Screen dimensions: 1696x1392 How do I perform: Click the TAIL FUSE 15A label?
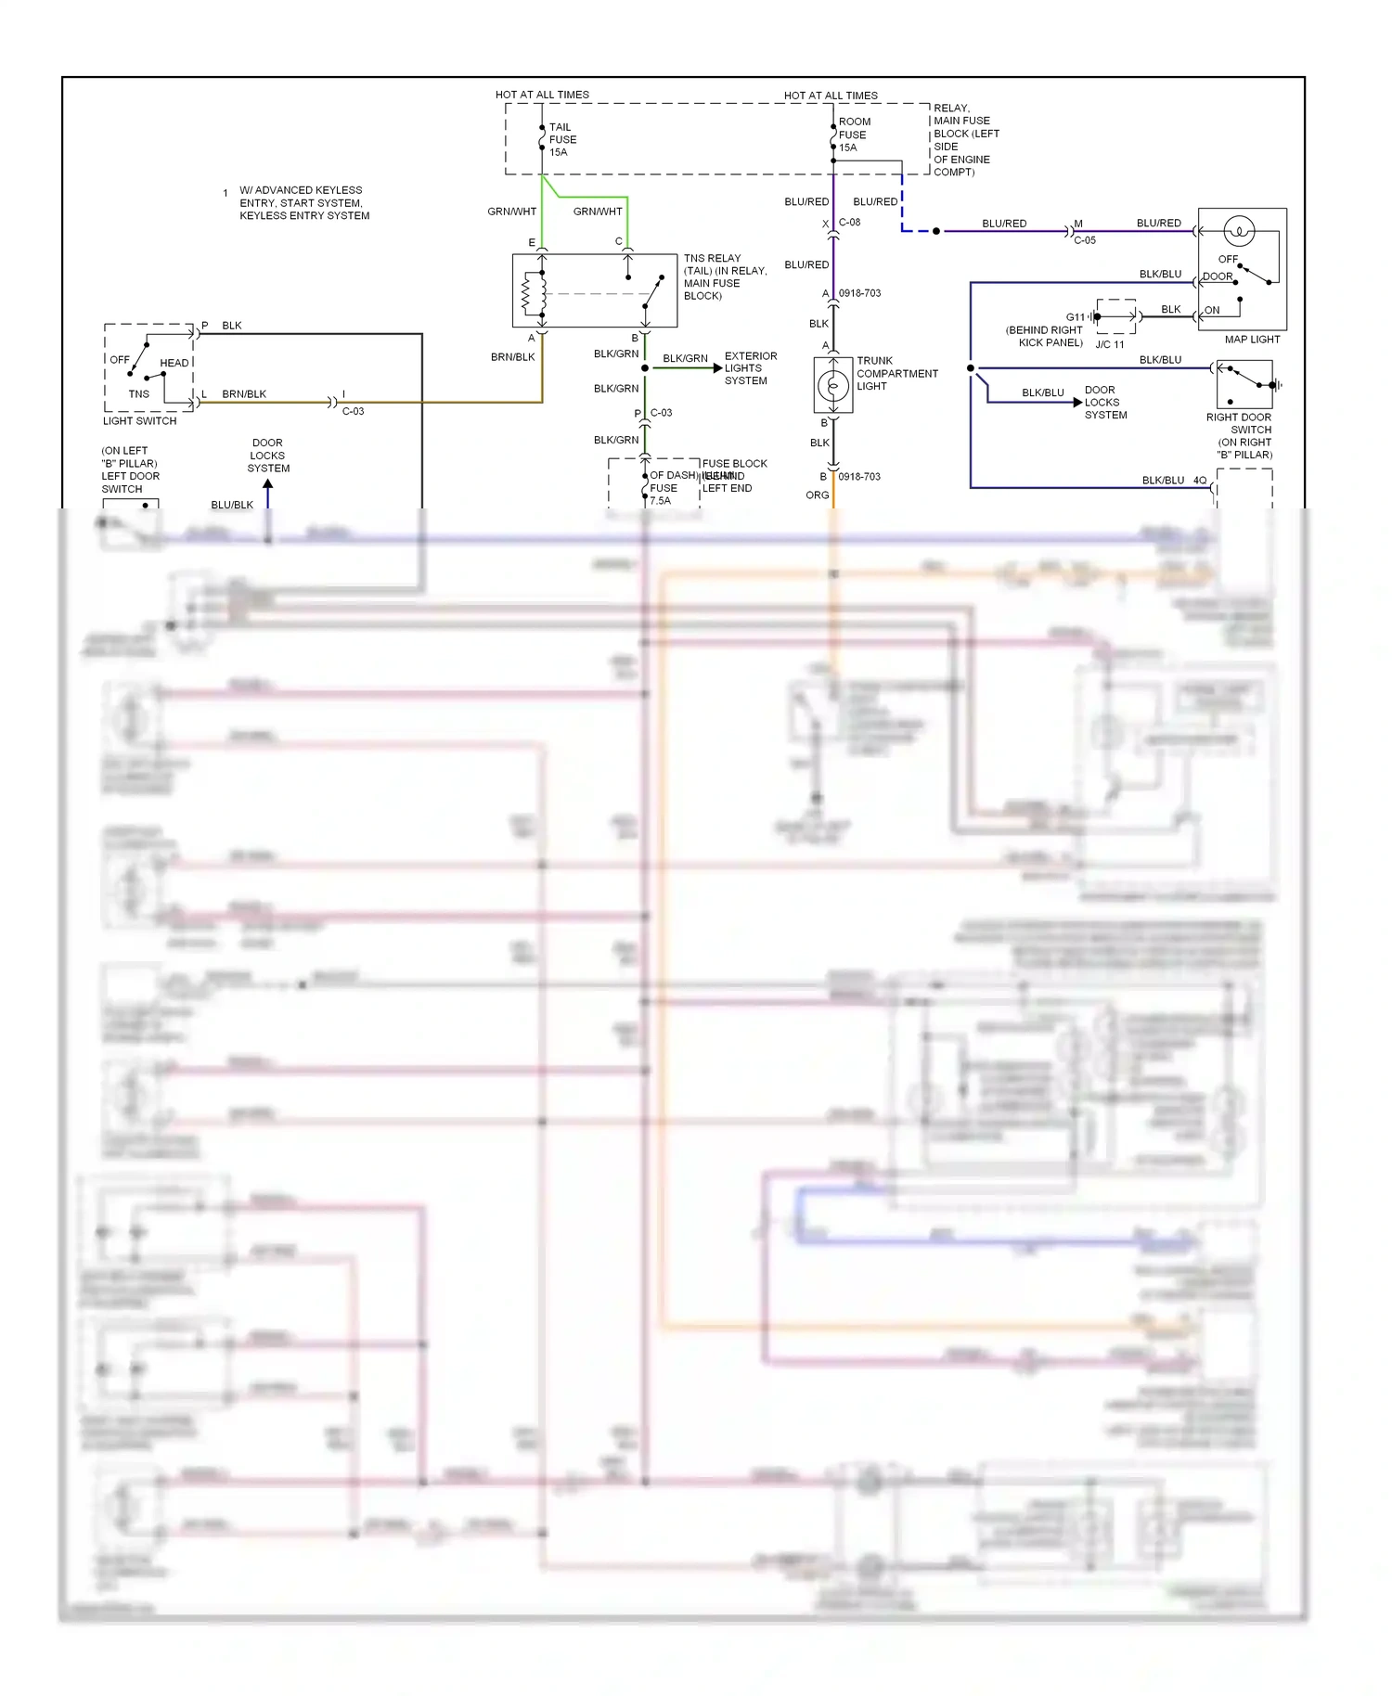coord(561,139)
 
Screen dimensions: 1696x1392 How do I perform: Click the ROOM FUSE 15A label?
coord(853,135)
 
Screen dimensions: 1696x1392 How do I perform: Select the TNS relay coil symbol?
coord(530,292)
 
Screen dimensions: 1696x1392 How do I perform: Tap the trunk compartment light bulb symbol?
coord(832,384)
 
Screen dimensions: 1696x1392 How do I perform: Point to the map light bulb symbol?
coord(1239,230)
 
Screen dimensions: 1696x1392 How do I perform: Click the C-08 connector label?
coord(849,223)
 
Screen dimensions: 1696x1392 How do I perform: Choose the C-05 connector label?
coord(1084,240)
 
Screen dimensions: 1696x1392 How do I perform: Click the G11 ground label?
coord(1075,317)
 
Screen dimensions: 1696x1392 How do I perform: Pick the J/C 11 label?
coord(1109,344)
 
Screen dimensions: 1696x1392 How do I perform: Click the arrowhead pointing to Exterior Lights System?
coord(717,368)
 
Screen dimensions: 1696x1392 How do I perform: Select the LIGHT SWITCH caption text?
coord(139,421)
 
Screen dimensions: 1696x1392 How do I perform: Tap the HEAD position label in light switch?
coord(174,363)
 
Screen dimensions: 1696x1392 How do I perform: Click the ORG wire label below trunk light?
coord(817,495)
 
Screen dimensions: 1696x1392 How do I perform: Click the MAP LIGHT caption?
coord(1251,340)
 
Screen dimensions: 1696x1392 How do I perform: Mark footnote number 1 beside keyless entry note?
coord(226,194)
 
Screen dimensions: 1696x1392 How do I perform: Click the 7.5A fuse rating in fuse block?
coord(660,501)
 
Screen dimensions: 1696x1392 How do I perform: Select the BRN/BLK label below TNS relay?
coord(512,357)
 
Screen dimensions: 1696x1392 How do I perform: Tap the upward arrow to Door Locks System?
coord(268,483)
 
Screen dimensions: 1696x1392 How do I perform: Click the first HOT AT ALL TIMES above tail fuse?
coord(542,95)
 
